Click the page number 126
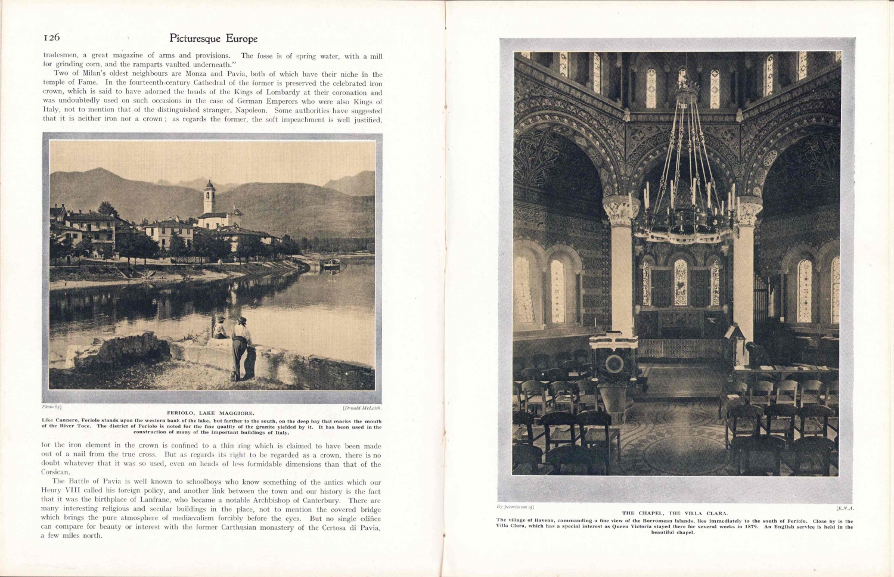pos(52,38)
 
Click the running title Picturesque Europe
pos(213,39)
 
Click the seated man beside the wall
pos(220,328)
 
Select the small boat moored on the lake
pos(331,262)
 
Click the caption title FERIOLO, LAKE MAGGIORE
pos(210,412)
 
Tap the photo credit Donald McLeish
pos(362,408)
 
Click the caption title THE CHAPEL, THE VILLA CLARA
pos(675,513)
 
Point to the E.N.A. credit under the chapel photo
pos(845,508)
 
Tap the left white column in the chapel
pos(621,268)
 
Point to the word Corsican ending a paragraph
pos(55,472)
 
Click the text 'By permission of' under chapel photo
pos(515,507)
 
